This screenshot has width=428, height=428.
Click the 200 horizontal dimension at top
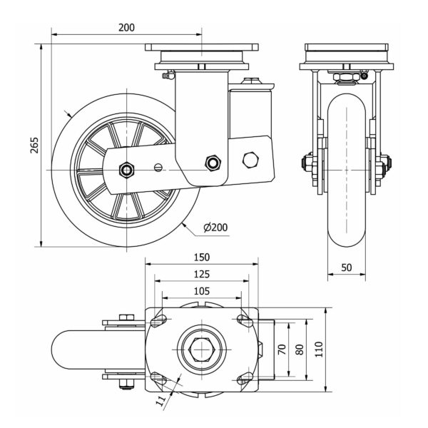click(x=126, y=28)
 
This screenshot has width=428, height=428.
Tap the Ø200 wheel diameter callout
click(x=215, y=228)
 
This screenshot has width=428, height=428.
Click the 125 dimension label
click(x=202, y=274)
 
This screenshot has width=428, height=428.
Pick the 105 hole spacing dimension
click(x=202, y=290)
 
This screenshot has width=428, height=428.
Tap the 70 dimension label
click(x=282, y=350)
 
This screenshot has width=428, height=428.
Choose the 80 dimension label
click(x=300, y=350)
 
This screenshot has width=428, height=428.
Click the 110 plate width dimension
click(x=319, y=350)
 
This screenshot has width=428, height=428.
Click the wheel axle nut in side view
click(x=126, y=170)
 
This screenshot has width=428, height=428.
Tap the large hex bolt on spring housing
click(x=250, y=159)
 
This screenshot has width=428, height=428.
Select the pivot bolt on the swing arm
click(x=212, y=163)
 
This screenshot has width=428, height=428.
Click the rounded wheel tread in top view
click(x=64, y=350)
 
